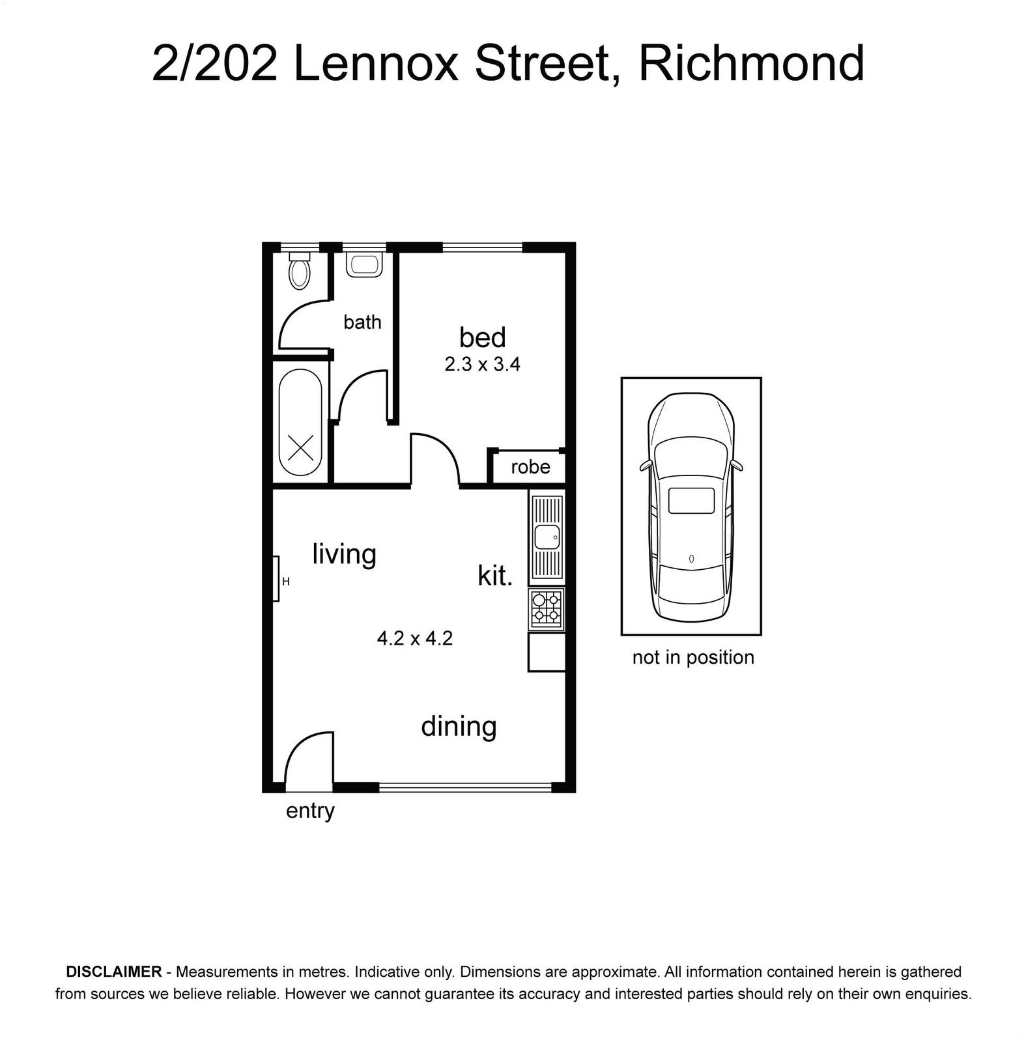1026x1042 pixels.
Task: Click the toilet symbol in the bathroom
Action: point(300,270)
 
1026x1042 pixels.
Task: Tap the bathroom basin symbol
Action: point(364,264)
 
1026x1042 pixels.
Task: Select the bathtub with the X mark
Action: point(300,423)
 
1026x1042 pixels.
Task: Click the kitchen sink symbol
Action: point(547,537)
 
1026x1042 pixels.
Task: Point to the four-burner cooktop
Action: point(547,609)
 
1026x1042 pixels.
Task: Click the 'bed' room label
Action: point(482,337)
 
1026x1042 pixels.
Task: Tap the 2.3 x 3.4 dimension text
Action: point(482,364)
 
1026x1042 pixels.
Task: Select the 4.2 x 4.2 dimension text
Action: point(415,638)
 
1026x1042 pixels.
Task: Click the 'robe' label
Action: point(530,467)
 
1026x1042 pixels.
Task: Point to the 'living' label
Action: point(344,555)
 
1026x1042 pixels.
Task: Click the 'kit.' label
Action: point(495,576)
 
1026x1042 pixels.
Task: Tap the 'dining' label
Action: point(459,727)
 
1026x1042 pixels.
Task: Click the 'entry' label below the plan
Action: point(310,811)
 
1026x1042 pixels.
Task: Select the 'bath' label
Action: point(362,322)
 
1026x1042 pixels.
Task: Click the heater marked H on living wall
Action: point(276,578)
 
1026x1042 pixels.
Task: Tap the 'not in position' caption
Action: point(693,657)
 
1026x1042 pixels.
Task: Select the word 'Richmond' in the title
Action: point(752,64)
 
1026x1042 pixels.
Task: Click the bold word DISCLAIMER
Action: point(114,972)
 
